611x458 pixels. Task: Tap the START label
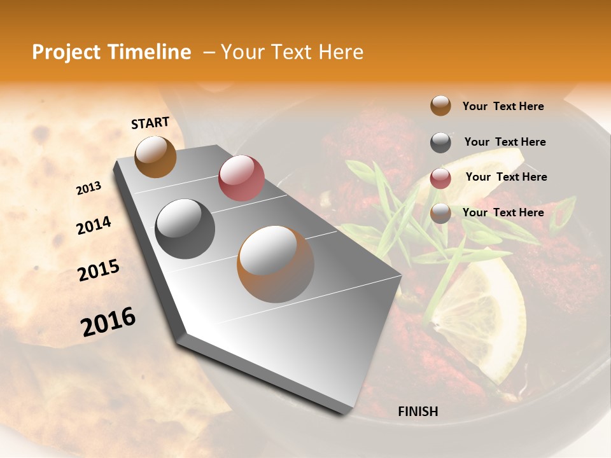[x=150, y=123]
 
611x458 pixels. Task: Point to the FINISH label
[x=418, y=412]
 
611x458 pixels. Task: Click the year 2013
[x=89, y=188]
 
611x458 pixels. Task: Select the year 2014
[x=94, y=225]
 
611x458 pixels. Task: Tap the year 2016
[x=108, y=322]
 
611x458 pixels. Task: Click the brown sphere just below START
[x=155, y=156]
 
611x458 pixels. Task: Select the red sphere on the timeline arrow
[x=241, y=177]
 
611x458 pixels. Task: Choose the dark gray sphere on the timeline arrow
[x=185, y=229]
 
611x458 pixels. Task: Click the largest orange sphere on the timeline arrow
[x=276, y=264]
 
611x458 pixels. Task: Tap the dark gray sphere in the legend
[x=440, y=142]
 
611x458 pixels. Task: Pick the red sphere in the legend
[x=440, y=178]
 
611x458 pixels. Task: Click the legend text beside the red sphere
[x=506, y=177]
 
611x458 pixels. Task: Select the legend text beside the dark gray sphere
[x=505, y=142]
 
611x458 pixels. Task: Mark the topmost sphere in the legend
[x=440, y=106]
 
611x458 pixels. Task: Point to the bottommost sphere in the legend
[x=440, y=213]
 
